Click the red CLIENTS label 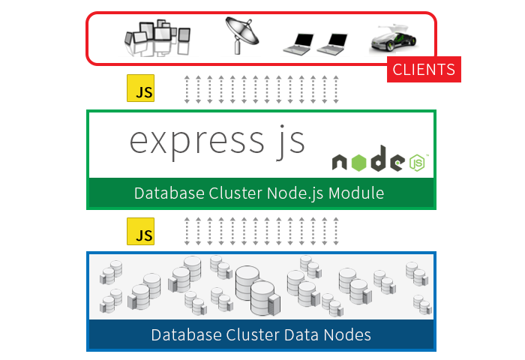tap(424, 70)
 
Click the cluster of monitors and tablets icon tap(158, 40)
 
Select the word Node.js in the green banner tap(296, 193)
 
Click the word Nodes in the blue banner tap(343, 334)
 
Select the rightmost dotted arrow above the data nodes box tap(337, 232)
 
